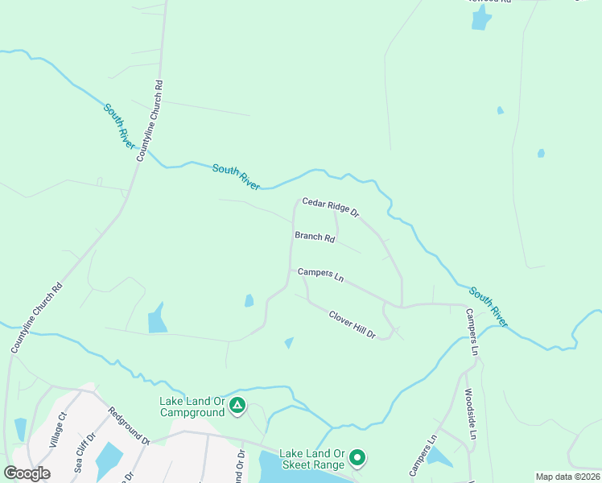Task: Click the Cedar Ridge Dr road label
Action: pos(330,206)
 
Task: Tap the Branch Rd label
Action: pos(315,237)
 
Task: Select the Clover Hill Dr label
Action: pos(352,324)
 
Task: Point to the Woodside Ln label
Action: pos(471,413)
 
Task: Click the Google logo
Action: pos(27,473)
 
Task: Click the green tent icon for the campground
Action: pos(237,405)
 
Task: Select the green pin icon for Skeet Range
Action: pos(357,459)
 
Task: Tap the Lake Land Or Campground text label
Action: pos(192,407)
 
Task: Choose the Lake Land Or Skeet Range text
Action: pos(312,459)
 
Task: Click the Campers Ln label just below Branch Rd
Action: pos(320,274)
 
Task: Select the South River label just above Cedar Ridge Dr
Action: pos(236,177)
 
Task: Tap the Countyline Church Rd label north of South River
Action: pos(149,121)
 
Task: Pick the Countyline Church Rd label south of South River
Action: pos(35,318)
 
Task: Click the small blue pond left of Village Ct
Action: pos(20,429)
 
